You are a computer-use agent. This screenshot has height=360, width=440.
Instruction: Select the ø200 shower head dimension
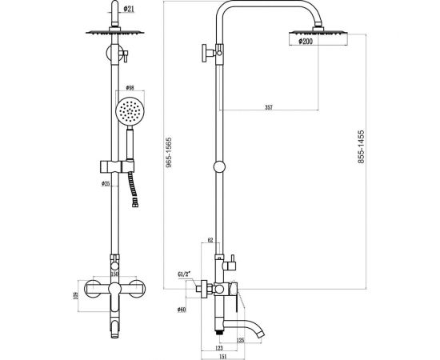point(308,42)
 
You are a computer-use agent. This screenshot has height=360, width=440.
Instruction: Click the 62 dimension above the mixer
point(210,240)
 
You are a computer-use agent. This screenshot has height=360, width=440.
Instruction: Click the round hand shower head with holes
point(129,111)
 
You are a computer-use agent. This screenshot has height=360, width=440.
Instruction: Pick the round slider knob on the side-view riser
point(221,169)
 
